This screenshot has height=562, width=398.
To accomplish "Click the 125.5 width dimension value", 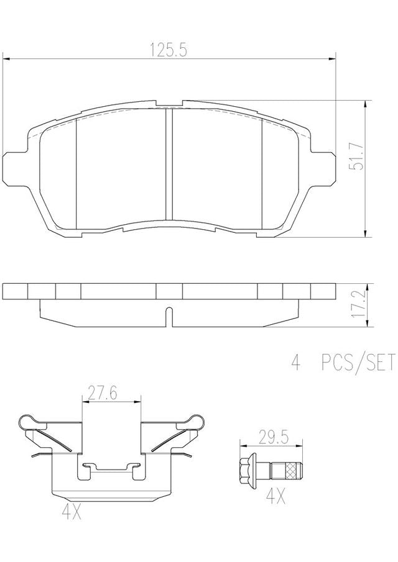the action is [x=169, y=50].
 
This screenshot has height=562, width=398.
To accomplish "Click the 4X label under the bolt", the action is [x=276, y=497].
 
